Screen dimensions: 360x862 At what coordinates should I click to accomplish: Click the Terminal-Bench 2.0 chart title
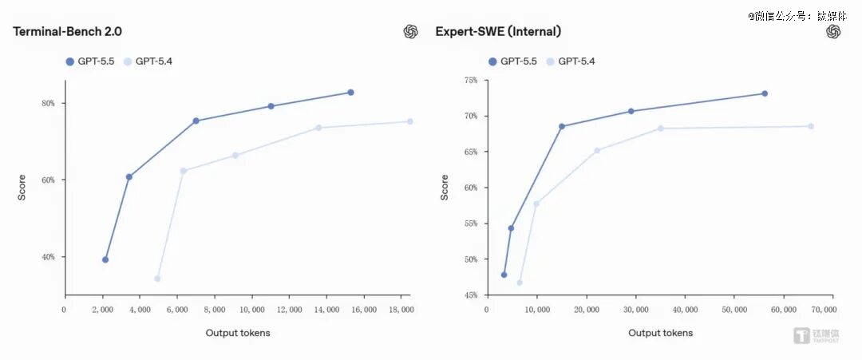click(67, 32)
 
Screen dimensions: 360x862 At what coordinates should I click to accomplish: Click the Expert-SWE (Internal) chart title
click(498, 32)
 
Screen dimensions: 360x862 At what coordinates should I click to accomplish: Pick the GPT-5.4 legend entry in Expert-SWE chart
click(570, 61)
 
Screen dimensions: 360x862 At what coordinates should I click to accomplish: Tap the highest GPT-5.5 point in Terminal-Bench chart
click(350, 93)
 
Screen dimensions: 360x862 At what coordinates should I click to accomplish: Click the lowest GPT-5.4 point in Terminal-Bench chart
click(157, 279)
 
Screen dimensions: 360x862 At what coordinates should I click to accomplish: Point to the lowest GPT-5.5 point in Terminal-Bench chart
click(105, 259)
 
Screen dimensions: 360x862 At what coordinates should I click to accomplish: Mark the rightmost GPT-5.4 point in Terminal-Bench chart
click(410, 121)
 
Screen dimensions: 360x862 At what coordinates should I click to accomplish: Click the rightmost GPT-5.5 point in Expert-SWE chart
click(765, 93)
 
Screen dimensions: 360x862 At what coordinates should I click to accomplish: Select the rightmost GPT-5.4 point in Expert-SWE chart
click(811, 126)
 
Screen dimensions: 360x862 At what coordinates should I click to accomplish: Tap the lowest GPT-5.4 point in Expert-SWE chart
click(520, 283)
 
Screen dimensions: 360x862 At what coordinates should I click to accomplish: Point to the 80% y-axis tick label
click(48, 103)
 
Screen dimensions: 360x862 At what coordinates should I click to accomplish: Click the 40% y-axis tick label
click(48, 257)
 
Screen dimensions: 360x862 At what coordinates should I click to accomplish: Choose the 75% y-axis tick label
click(471, 80)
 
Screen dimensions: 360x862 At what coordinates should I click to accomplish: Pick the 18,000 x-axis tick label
click(401, 310)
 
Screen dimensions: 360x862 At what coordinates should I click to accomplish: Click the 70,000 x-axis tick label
click(824, 310)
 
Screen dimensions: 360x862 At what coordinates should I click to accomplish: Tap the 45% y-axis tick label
click(471, 295)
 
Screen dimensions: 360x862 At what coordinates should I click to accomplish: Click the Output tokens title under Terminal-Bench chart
click(238, 333)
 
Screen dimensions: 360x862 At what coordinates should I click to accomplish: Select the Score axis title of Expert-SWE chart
click(445, 188)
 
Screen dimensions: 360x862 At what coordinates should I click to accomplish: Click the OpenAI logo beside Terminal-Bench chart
click(410, 32)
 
